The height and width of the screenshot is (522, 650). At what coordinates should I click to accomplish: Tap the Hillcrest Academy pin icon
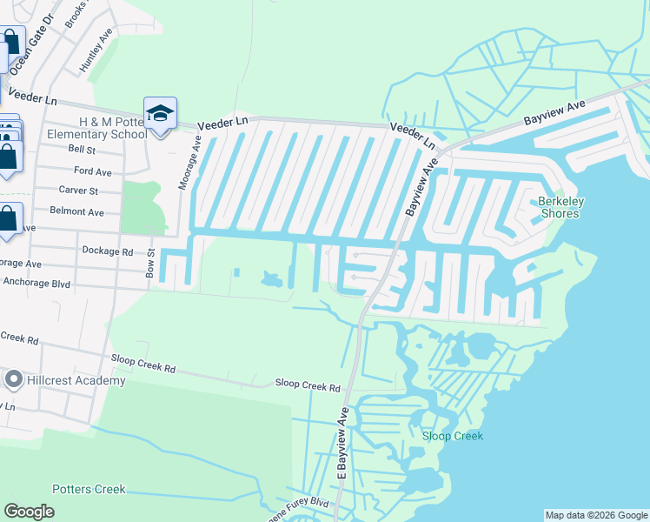click(14, 379)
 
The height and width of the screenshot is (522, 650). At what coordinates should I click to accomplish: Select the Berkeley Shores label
click(562, 207)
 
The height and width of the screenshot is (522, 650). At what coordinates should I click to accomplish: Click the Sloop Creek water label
click(452, 436)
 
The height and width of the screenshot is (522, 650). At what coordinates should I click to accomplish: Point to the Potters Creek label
click(89, 489)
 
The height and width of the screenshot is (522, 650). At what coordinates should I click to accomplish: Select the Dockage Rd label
click(108, 251)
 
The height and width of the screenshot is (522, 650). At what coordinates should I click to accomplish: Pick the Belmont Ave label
click(76, 211)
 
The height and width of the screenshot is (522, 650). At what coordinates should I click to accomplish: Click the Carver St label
click(78, 190)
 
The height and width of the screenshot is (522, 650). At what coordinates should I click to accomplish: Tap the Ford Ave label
click(93, 171)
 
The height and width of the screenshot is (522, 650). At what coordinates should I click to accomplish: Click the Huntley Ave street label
click(96, 54)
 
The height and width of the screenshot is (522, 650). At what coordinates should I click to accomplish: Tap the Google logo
click(30, 512)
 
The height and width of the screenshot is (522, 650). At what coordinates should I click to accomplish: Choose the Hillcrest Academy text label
click(76, 380)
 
